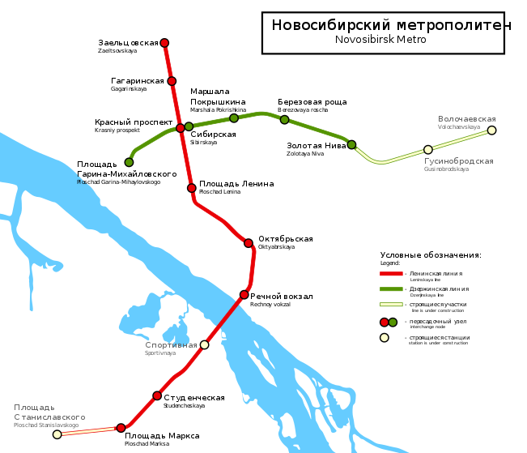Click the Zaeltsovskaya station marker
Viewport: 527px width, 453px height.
[x=164, y=43]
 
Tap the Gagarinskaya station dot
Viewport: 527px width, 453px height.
[x=172, y=81]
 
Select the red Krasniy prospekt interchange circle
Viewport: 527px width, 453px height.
[x=181, y=128]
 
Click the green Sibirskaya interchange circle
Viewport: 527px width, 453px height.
[x=189, y=126]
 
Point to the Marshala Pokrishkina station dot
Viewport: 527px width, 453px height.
[x=234, y=118]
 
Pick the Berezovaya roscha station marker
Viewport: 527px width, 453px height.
[x=285, y=120]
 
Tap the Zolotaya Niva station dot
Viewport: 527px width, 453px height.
[x=352, y=145]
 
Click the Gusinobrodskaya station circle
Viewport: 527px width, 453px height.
[x=428, y=150]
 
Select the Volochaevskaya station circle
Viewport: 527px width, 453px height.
[x=491, y=130]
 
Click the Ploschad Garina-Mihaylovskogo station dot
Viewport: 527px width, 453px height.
[x=129, y=162]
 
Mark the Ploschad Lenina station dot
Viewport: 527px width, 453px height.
[x=192, y=188]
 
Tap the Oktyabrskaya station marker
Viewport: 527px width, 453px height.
[x=249, y=243]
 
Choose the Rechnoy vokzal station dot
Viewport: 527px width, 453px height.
[x=244, y=295]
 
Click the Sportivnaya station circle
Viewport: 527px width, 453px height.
[x=204, y=344]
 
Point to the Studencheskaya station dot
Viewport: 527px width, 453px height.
[x=157, y=396]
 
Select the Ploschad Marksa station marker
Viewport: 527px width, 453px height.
[x=121, y=428]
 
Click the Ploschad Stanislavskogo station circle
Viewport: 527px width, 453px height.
[x=57, y=435]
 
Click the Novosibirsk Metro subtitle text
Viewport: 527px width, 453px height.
[x=380, y=40]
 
